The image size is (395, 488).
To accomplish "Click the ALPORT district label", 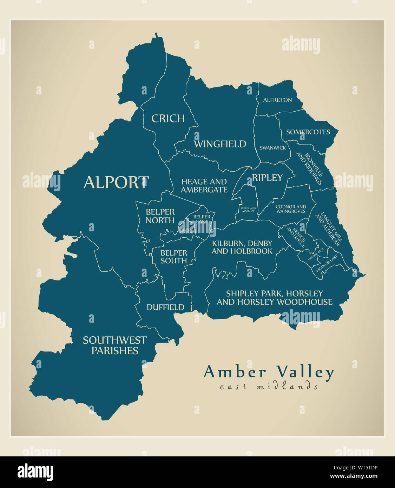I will (116, 183).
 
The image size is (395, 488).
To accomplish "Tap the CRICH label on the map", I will (168, 119).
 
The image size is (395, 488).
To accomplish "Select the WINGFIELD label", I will (220, 144).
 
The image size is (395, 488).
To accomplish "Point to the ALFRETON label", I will (277, 100).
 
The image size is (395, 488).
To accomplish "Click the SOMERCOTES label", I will (308, 132).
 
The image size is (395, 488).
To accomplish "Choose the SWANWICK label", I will (273, 148).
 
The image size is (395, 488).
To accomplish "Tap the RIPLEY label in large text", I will (267, 178).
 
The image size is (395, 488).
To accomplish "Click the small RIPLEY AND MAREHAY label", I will (248, 210).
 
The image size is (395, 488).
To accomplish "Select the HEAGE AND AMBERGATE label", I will (204, 186).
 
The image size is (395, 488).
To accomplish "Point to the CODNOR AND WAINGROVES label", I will (291, 209).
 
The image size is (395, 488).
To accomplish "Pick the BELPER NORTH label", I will (160, 216).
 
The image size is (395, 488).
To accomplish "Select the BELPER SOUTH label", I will (174, 257).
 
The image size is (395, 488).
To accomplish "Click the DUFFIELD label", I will (165, 307).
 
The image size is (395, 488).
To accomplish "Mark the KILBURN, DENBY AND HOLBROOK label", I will (242, 247).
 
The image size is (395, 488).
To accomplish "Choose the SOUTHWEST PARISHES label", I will (115, 345).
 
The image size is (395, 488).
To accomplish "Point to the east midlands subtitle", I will (269, 387).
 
